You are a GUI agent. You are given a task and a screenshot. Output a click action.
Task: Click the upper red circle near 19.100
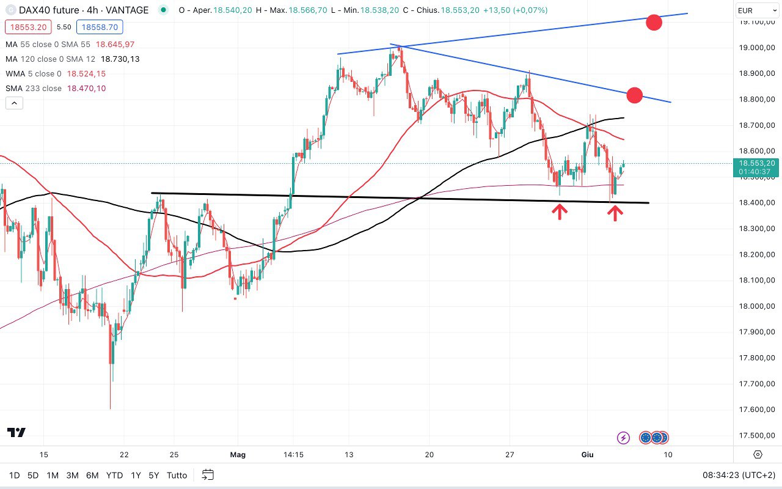pos(654,23)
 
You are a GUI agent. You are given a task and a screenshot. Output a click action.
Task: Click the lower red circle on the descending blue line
pos(635,95)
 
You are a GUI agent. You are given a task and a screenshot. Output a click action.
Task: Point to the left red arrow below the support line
pos(560,211)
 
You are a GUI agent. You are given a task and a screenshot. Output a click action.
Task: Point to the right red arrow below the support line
pos(615,212)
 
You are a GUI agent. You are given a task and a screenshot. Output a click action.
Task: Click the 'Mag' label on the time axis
pos(238,455)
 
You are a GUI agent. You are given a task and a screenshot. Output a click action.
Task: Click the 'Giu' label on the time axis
pos(586,455)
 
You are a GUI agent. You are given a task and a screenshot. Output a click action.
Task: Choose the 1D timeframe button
pos(15,475)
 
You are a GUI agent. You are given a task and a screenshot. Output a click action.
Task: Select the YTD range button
pos(114,475)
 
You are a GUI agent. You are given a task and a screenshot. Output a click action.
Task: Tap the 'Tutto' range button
pos(177,475)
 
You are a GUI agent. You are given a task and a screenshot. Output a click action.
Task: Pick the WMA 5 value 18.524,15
pos(86,74)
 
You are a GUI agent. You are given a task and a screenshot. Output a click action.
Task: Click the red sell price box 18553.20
pos(26,27)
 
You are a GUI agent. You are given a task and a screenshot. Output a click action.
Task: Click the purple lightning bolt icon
pos(623,438)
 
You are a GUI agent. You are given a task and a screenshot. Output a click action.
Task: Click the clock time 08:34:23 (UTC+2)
pos(738,475)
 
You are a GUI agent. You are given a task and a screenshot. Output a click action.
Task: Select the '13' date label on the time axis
pos(349,455)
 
